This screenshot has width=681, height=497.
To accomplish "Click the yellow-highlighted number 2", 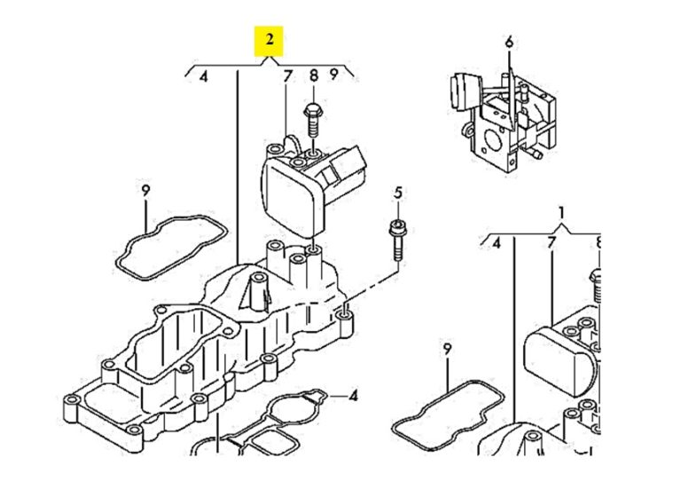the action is click(x=270, y=40).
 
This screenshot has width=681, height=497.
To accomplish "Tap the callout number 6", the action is click(x=510, y=43).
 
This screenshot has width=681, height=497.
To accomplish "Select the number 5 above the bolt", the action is click(x=398, y=193).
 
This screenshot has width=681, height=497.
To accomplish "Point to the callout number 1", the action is click(x=562, y=213).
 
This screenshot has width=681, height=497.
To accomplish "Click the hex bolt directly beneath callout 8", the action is click(x=312, y=121).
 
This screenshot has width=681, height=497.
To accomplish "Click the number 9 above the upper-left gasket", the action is click(x=145, y=191).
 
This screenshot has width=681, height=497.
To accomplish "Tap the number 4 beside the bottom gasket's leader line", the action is click(x=354, y=396).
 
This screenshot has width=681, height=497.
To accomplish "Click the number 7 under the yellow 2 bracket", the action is click(x=287, y=76).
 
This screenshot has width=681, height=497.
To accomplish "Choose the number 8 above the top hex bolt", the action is click(x=314, y=75).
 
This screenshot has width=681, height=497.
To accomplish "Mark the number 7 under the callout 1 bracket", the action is click(x=552, y=242).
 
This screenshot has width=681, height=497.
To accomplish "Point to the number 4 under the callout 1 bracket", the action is click(x=497, y=243).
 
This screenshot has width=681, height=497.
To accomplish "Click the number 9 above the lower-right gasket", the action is click(x=447, y=349).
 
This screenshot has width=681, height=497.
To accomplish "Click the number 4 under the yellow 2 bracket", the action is click(x=204, y=77).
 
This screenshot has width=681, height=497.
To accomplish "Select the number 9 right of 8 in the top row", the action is click(x=333, y=75).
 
